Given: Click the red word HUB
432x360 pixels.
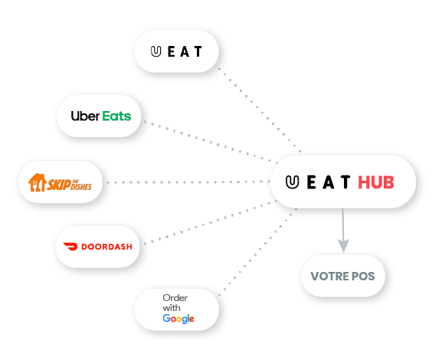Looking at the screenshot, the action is [376, 182].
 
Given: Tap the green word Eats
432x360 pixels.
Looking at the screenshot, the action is [116, 116].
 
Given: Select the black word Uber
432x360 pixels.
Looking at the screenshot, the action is [85, 116].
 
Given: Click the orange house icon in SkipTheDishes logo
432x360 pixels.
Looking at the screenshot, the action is [38, 182].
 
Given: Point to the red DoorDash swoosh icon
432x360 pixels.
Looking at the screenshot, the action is [70, 246].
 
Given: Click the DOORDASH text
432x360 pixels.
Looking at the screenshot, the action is [107, 247].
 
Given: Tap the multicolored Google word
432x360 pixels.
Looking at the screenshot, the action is [178, 319].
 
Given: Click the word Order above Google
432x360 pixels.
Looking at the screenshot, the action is [175, 298].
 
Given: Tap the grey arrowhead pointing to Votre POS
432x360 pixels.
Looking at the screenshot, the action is [343, 245].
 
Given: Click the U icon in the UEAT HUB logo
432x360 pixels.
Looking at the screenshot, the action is [292, 182].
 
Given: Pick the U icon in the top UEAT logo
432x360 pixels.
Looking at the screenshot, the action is [155, 51].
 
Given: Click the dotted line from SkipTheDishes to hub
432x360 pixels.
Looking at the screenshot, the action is [188, 182].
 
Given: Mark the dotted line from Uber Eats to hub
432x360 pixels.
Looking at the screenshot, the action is [211, 141].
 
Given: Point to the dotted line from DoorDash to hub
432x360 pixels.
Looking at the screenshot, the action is [211, 222].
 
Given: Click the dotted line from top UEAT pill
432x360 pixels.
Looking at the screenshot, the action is [260, 110].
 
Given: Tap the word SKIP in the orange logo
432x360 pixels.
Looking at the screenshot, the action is [59, 185].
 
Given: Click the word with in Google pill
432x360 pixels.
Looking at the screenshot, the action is [172, 308].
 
